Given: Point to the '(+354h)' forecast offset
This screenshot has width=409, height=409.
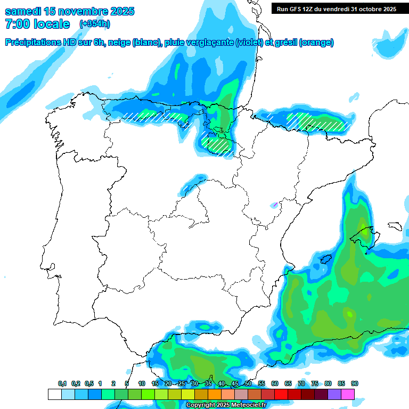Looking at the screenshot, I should pos(95,24).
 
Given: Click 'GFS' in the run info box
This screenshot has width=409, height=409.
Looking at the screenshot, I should pos(298,9).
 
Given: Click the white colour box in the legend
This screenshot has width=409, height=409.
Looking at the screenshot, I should pos(54,394).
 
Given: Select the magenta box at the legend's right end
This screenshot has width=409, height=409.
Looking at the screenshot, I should pos(348,394).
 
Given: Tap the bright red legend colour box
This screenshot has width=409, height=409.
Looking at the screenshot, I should pos(281,394).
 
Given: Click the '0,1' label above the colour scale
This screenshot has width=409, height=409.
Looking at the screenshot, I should pos(62,384).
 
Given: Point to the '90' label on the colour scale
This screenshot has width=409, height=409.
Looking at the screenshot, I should pos(355,384).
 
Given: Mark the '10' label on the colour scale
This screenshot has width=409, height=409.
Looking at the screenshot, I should pos(142,384).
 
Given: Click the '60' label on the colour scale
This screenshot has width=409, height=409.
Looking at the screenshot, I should pos(275,384).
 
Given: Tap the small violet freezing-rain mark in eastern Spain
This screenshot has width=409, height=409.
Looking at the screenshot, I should pos(275,204).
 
